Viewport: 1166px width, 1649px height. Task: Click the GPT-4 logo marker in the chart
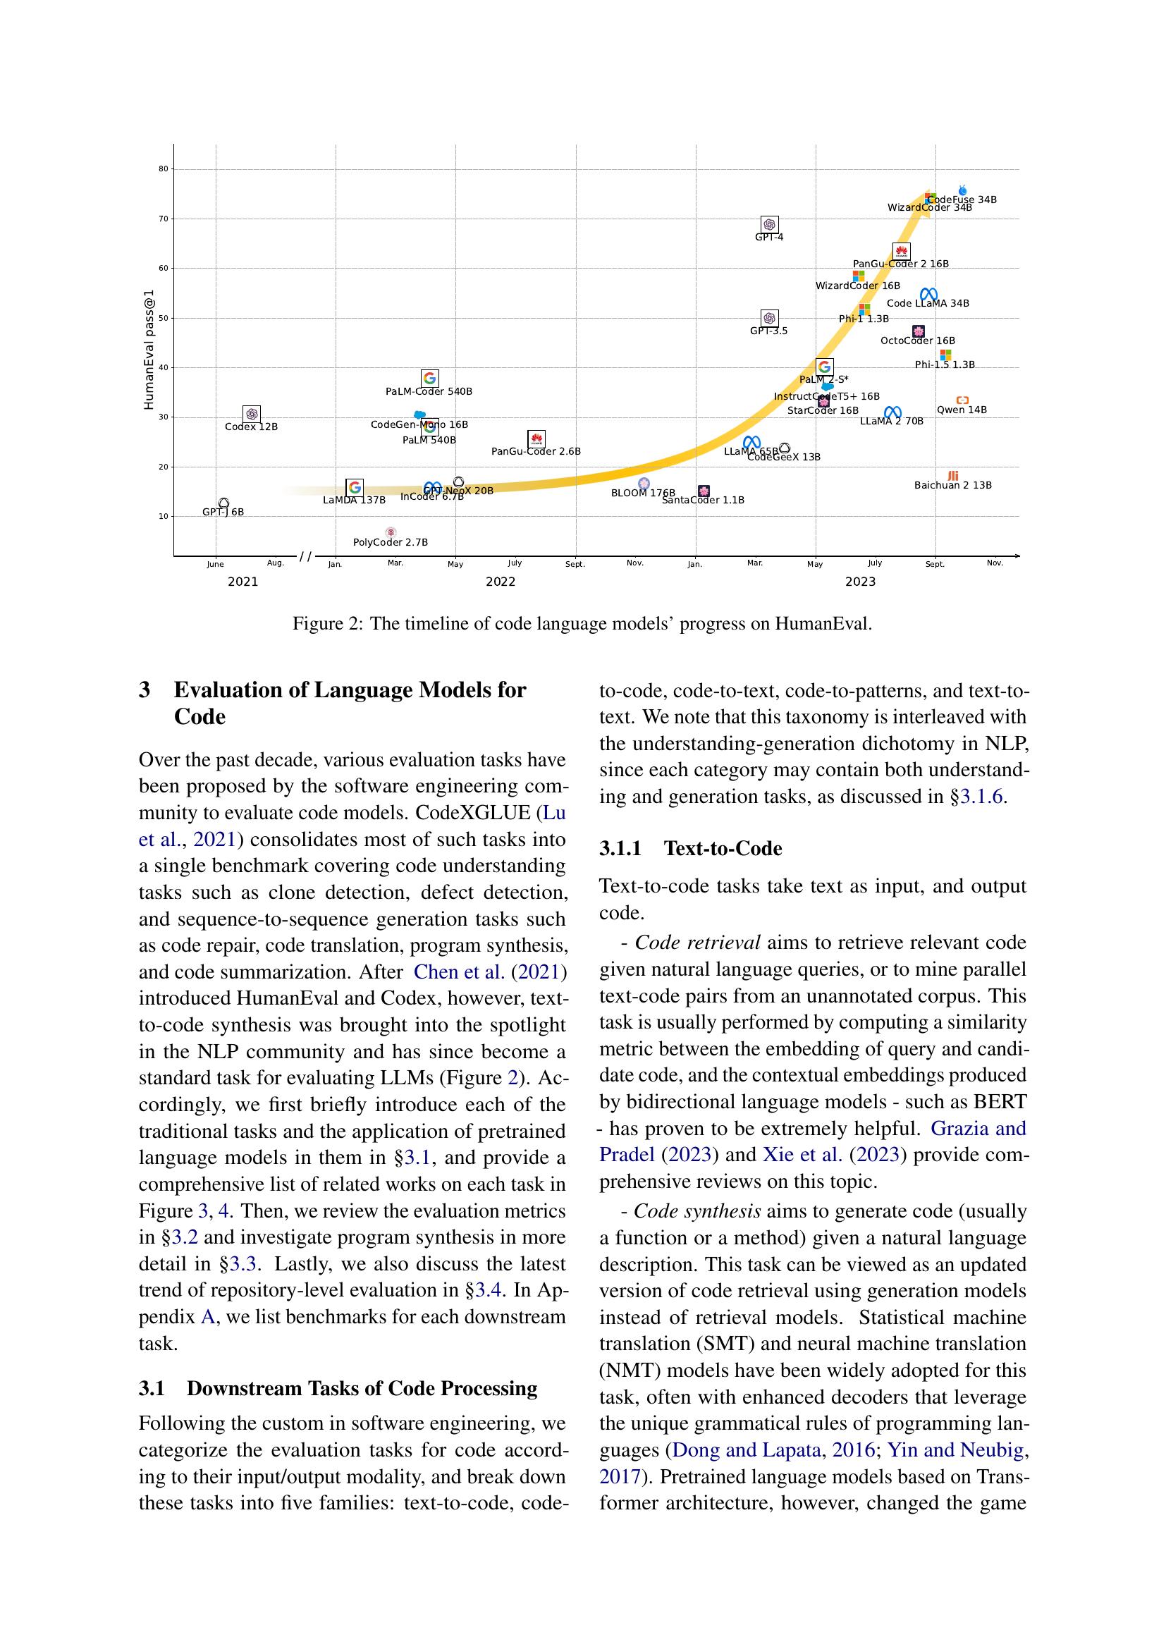tap(769, 224)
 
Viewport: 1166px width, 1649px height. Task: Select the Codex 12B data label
tap(250, 427)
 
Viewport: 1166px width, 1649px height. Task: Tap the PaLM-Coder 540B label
tap(429, 391)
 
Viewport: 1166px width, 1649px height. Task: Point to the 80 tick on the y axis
tap(164, 169)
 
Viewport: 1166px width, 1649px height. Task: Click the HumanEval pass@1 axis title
tap(149, 349)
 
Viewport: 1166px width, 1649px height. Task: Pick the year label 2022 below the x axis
tap(501, 582)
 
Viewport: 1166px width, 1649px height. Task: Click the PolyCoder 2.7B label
tap(390, 542)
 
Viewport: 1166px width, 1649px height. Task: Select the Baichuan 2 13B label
tap(953, 486)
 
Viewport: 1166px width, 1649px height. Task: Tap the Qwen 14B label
tap(962, 410)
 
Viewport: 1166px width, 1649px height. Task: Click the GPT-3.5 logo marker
tap(769, 317)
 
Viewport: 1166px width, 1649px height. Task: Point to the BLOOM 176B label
tap(643, 493)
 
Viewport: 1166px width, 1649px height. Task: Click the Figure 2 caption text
tap(582, 623)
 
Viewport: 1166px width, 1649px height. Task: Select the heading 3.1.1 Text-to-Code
tap(690, 848)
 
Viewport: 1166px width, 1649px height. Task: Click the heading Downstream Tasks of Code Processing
tap(362, 1388)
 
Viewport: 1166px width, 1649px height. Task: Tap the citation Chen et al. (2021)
tap(491, 971)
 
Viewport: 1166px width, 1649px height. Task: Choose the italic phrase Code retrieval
tap(697, 943)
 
